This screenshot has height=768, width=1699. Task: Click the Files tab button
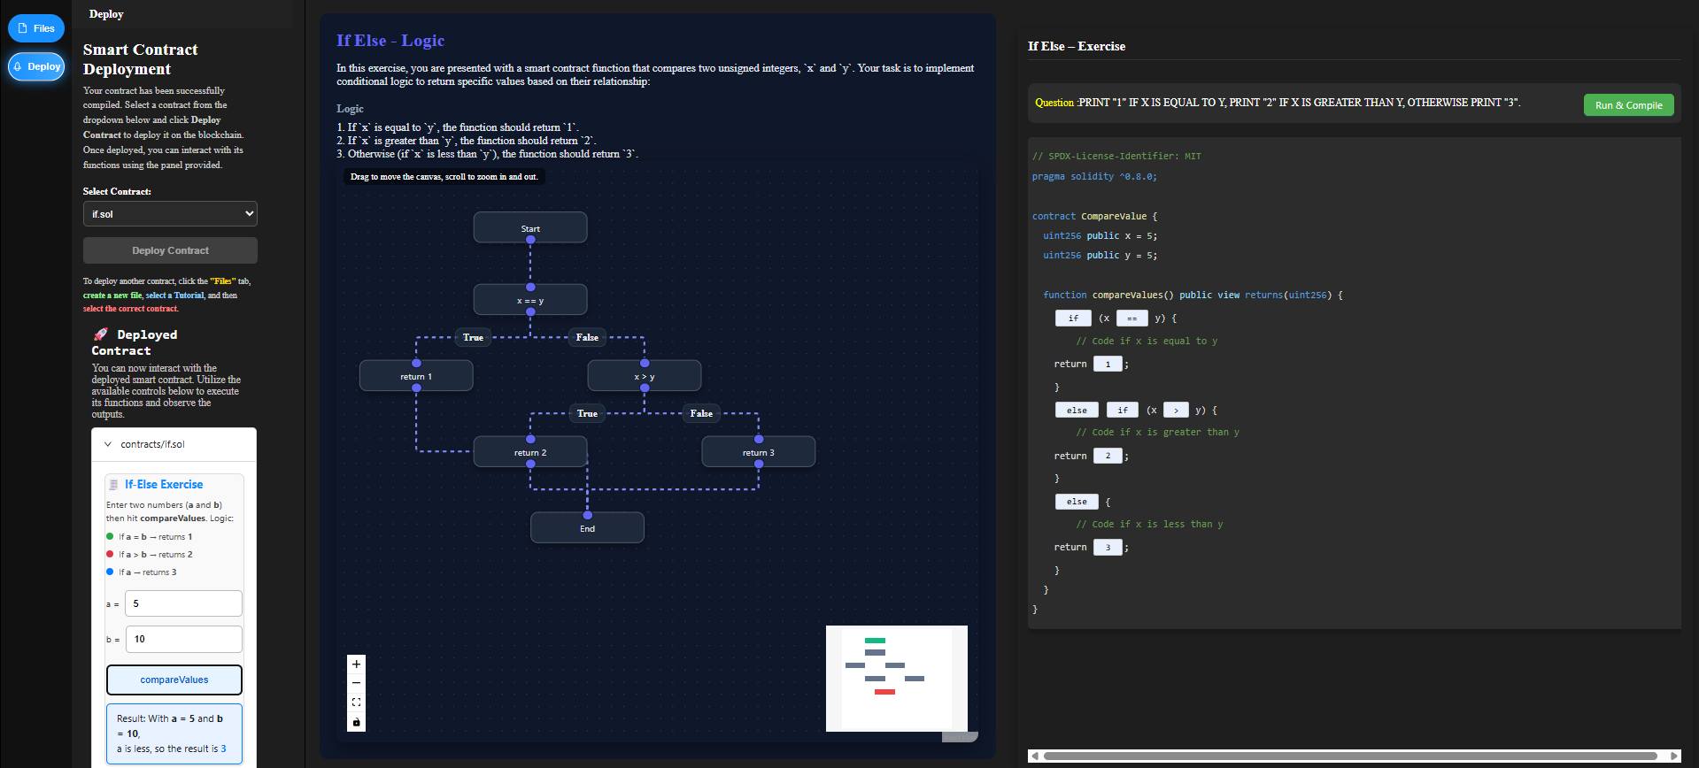click(x=36, y=28)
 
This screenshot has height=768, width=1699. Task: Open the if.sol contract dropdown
click(x=170, y=214)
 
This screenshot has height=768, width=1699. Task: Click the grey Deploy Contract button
click(x=170, y=250)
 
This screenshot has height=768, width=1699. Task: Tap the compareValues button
click(x=174, y=680)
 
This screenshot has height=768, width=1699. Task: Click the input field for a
click(x=183, y=603)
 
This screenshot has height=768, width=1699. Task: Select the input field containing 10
click(x=183, y=639)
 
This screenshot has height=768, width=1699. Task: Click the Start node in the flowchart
click(x=530, y=227)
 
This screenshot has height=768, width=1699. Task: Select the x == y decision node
click(x=530, y=300)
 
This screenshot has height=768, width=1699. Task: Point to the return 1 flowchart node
click(x=416, y=376)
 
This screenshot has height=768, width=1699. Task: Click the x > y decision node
click(x=645, y=376)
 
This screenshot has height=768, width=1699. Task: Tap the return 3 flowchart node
click(x=758, y=452)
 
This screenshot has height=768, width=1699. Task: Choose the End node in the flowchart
click(x=587, y=528)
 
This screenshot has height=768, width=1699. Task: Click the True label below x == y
click(x=473, y=337)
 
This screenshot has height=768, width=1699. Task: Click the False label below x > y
click(x=701, y=413)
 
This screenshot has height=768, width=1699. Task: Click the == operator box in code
click(x=1131, y=319)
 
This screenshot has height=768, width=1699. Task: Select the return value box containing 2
click(x=1108, y=456)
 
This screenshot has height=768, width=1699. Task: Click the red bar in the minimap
click(x=884, y=692)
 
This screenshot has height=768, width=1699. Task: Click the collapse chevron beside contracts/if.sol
click(x=108, y=444)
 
